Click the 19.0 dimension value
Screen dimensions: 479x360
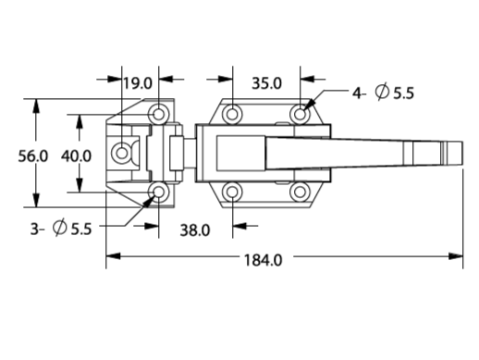tap(138, 83)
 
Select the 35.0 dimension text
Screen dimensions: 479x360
tap(266, 83)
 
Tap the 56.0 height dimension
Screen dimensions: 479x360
tap(33, 155)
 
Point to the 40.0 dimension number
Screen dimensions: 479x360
tap(76, 155)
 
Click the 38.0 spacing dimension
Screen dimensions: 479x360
tap(195, 230)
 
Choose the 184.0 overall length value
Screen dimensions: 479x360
tap(263, 260)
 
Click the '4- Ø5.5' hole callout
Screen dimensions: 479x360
tap(383, 93)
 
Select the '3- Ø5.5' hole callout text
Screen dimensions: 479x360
tap(61, 229)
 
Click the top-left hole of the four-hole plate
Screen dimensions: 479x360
tap(232, 114)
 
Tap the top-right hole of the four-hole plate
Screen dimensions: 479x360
tap(300, 114)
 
